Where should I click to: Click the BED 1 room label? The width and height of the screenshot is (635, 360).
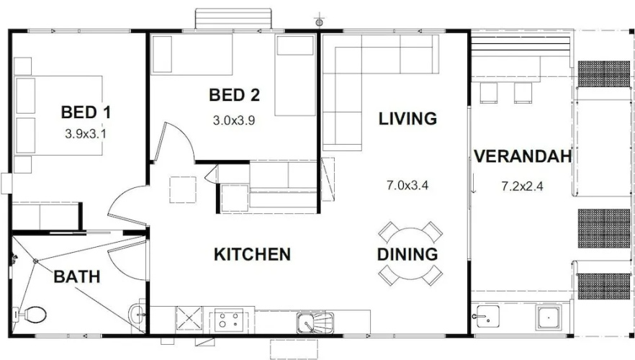[x=86, y=112]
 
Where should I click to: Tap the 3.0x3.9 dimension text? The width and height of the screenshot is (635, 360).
[x=234, y=120]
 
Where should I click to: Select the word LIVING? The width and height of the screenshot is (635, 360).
[x=407, y=119]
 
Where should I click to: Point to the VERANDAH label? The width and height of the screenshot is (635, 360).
[x=523, y=156]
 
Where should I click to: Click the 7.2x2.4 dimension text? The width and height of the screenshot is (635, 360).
[x=523, y=186]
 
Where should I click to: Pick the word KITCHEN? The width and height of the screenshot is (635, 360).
[x=252, y=254]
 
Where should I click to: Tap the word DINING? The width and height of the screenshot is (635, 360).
[x=407, y=254]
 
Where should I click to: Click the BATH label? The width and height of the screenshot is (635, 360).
[x=77, y=276]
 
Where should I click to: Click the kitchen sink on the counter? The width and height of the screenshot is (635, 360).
[x=315, y=323]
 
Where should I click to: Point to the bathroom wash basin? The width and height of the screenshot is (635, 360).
[x=137, y=314]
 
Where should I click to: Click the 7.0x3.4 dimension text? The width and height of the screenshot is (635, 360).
[x=407, y=186]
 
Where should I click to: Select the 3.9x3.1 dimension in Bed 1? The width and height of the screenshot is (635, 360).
[x=86, y=134]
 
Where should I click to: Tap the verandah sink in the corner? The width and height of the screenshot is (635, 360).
[x=485, y=316]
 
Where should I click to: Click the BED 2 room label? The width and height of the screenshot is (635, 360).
[x=235, y=95]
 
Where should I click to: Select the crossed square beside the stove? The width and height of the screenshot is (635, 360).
[x=189, y=318]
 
